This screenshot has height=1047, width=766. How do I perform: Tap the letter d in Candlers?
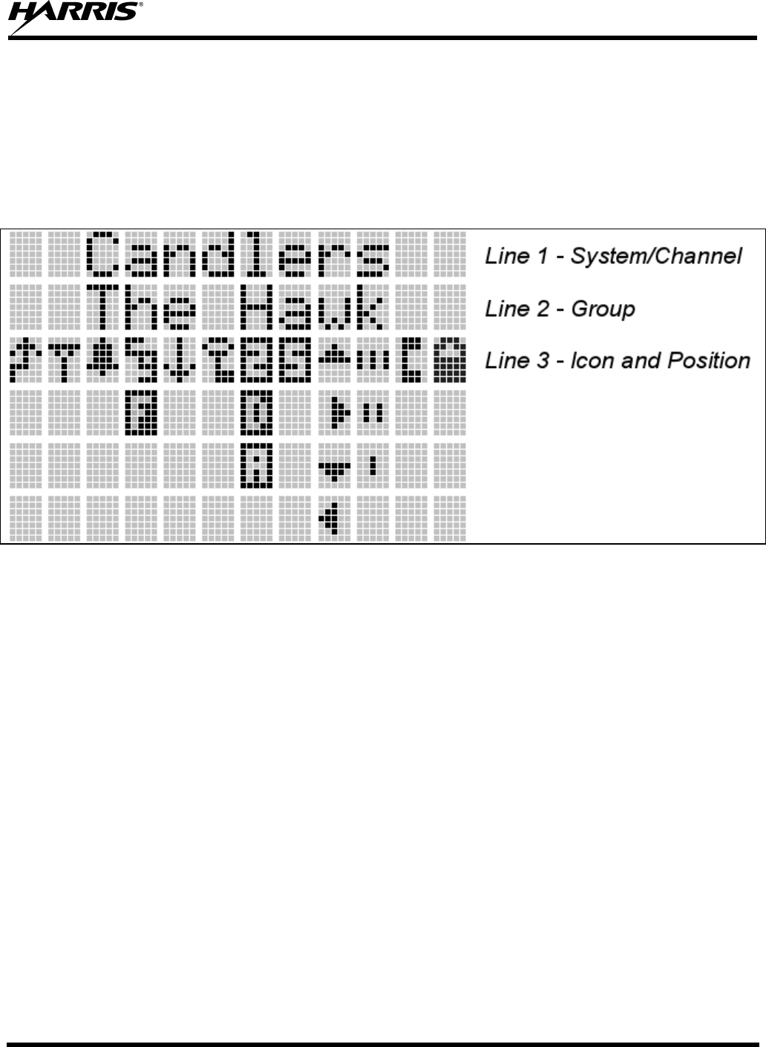click(217, 253)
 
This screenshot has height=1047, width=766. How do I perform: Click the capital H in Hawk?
click(255, 306)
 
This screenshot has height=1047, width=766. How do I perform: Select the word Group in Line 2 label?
click(603, 309)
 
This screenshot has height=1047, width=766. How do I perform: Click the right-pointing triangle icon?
click(338, 412)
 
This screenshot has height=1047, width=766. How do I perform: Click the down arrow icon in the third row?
click(177, 360)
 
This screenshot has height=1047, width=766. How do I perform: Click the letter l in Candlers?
click(255, 253)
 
